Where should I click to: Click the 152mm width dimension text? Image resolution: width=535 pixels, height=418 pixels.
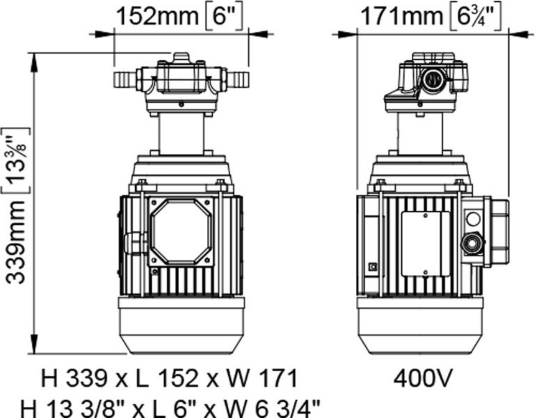tap(157, 16)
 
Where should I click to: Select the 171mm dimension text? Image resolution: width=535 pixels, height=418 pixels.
tap(401, 16)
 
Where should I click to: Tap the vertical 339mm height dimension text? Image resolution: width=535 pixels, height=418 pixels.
tap(16, 242)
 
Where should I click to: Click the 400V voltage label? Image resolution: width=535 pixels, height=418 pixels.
tap(423, 378)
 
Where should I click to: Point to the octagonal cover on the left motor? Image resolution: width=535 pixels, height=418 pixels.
tap(181, 231)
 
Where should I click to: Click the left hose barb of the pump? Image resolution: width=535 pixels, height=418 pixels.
tap(125, 79)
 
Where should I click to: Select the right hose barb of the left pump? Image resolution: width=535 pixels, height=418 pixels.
tap(237, 79)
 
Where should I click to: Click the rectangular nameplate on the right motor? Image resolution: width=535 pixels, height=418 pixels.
tap(425, 244)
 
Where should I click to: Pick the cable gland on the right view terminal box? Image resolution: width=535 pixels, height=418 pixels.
tap(473, 244)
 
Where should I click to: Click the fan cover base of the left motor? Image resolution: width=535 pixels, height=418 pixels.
tap(181, 326)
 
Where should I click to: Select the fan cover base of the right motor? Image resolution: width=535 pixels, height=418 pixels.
tap(421, 326)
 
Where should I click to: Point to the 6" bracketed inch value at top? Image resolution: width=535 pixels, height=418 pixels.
tap(223, 16)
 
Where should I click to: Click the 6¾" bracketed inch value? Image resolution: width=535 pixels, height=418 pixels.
tap(476, 17)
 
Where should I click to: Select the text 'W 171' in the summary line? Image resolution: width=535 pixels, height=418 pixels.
tap(269, 378)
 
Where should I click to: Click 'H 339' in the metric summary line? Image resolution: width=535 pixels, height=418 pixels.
tap(74, 378)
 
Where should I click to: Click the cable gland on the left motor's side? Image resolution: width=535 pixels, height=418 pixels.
tap(136, 244)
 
